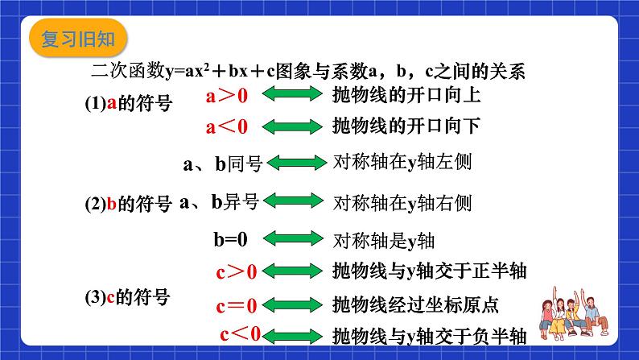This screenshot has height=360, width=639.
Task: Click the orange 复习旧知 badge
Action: (x=78, y=38)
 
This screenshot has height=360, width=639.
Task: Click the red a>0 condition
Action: (x=227, y=96)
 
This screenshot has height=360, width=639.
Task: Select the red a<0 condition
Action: (x=227, y=126)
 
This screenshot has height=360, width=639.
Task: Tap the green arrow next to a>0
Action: (x=292, y=93)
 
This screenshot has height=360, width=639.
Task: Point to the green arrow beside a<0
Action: (x=292, y=126)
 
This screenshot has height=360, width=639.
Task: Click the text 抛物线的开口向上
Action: (x=406, y=95)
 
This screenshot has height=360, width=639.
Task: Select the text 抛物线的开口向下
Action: (x=406, y=126)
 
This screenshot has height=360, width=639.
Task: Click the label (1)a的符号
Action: (x=129, y=103)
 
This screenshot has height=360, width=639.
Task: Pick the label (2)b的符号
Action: (x=129, y=204)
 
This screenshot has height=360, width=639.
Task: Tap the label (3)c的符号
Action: (x=127, y=297)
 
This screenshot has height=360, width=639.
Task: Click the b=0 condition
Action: (x=231, y=239)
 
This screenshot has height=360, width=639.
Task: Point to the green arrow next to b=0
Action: (x=293, y=238)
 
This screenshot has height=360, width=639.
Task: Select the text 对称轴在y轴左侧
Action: (x=402, y=162)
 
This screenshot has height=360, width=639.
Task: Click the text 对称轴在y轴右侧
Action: (x=402, y=203)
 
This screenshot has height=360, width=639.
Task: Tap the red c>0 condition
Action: (x=237, y=272)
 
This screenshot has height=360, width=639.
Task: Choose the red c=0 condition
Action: (x=237, y=306)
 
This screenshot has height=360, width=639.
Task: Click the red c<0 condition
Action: (x=240, y=334)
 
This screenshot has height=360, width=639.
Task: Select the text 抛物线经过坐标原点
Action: (x=415, y=305)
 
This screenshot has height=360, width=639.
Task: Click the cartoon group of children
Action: (x=574, y=313)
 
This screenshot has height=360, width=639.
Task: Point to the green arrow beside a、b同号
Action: (x=296, y=163)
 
